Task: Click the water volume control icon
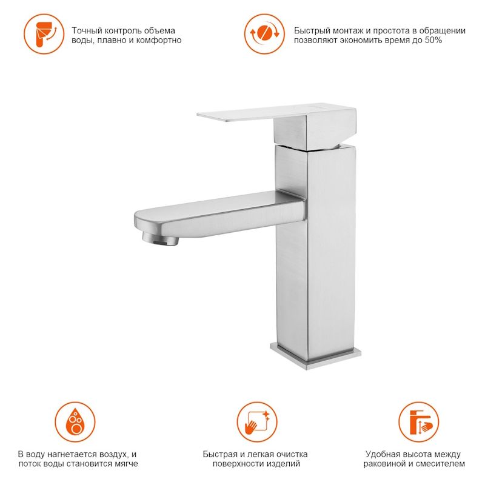44,34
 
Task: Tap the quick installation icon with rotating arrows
264,34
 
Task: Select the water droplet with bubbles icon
75,422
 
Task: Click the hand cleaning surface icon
257,422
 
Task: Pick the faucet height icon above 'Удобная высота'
418,422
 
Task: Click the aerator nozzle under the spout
160,239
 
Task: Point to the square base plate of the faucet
315,356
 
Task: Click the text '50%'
433,40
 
